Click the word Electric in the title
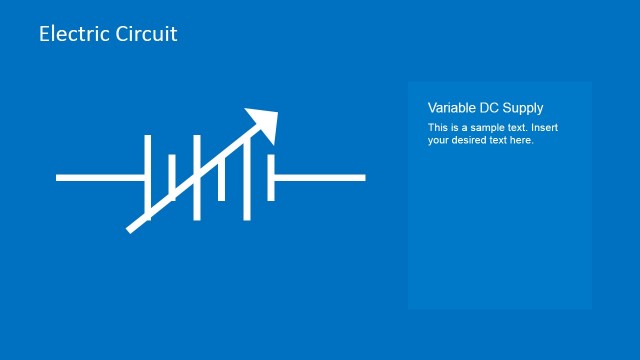(x=71, y=33)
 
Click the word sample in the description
(x=479, y=128)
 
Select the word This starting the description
(x=437, y=128)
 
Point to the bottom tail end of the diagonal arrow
(x=130, y=229)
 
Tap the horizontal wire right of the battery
(x=320, y=178)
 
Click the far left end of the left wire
(x=58, y=178)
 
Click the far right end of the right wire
(x=363, y=178)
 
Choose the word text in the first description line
(x=512, y=128)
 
